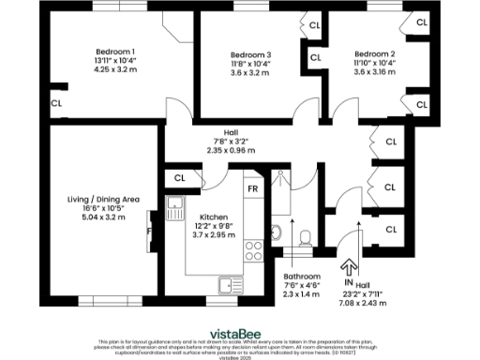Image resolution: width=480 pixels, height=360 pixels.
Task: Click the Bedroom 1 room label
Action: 115,51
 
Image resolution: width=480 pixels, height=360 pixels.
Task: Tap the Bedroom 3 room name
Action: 250,53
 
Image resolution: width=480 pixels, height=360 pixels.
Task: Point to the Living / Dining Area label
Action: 98,198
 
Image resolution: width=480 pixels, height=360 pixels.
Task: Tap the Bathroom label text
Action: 303,277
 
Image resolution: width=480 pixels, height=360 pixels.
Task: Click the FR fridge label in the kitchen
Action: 253,187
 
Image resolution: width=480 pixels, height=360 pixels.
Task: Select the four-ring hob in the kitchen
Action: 252,250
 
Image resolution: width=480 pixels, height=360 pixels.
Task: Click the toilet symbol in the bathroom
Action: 303,237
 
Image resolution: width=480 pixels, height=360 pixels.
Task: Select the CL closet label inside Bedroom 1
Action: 57,103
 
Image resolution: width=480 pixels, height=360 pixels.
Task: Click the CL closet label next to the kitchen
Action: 179,176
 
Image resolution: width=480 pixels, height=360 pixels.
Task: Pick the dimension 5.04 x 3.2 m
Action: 98,217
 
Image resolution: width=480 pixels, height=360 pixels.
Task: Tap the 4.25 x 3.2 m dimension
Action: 115,69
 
